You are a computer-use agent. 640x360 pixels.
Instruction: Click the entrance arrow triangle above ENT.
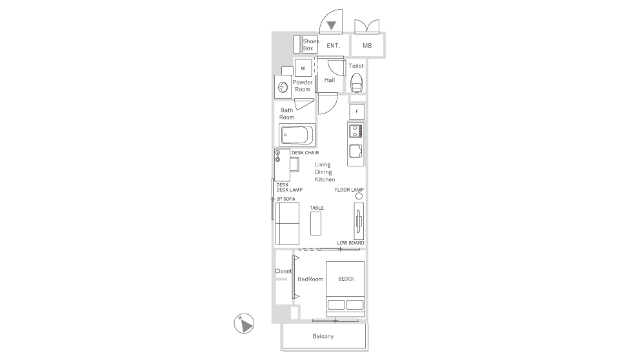(x=332, y=26)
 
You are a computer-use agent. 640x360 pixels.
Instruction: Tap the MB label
(x=367, y=46)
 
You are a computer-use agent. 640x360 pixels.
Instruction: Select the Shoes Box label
(x=310, y=45)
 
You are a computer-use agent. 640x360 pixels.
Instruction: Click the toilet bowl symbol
(x=357, y=83)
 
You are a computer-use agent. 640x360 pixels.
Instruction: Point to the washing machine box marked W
(x=303, y=68)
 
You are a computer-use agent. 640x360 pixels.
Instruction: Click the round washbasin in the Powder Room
(x=282, y=87)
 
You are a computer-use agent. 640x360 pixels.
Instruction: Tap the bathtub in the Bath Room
(x=297, y=136)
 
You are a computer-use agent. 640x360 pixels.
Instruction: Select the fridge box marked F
(x=357, y=112)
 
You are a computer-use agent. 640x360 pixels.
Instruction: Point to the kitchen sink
(x=355, y=152)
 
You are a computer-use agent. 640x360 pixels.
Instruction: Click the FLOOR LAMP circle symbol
(x=359, y=196)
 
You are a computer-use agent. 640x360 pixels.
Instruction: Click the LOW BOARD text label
(x=350, y=243)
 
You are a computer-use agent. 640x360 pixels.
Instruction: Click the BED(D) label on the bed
(x=346, y=279)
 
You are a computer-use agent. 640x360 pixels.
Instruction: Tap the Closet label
(x=284, y=272)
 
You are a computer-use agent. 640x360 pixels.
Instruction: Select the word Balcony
(x=323, y=337)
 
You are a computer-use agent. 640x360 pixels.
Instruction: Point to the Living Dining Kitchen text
(x=324, y=172)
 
